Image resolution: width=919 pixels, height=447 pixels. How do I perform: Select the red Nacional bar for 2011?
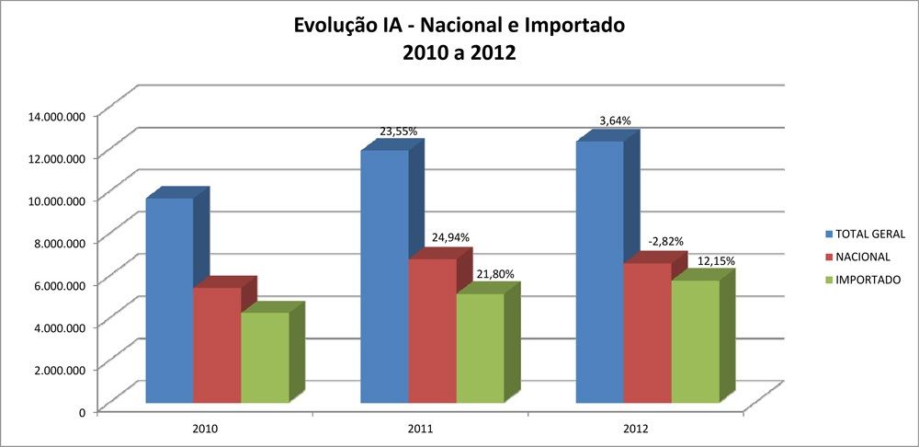(433, 331)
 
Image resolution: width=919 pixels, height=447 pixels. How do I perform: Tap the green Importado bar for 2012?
(696, 341)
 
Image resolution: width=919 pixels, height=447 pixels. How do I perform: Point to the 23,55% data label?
(399, 132)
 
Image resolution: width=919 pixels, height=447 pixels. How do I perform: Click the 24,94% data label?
(451, 237)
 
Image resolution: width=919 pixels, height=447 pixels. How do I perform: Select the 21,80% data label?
(495, 273)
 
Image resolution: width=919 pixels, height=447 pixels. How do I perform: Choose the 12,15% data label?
(716, 261)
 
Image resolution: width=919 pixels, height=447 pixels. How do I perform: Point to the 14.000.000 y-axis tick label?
(58, 115)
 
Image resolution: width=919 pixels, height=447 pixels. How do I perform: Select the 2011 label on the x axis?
(419, 429)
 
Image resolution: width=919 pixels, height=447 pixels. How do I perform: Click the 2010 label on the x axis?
(205, 429)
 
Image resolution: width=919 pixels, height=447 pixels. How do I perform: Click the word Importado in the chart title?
(568, 26)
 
